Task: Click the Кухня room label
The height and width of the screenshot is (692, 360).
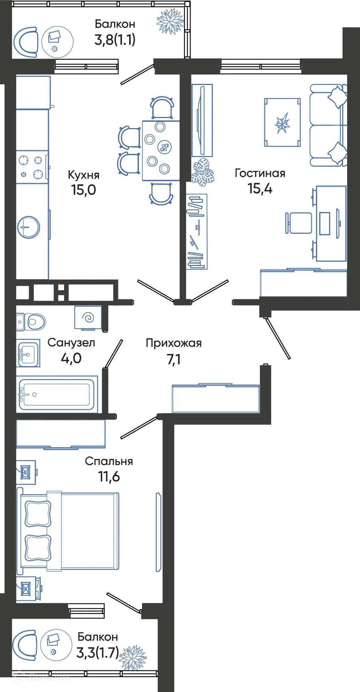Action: click(x=84, y=175)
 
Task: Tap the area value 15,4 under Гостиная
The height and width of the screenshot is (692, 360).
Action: click(x=260, y=188)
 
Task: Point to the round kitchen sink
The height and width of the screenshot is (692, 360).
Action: click(x=29, y=227)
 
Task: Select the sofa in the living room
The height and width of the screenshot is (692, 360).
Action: click(x=328, y=125)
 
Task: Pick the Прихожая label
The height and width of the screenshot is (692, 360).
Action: click(x=173, y=343)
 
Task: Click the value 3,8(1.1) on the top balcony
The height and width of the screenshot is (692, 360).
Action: click(x=115, y=40)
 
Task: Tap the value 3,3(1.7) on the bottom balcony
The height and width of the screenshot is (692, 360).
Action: click(x=97, y=652)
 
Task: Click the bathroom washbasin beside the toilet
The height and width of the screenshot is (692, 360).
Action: click(x=28, y=354)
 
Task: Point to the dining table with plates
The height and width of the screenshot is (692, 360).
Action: click(x=161, y=150)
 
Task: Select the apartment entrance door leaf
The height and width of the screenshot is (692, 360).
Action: click(x=277, y=338)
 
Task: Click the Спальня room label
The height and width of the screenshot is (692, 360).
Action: click(x=109, y=462)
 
